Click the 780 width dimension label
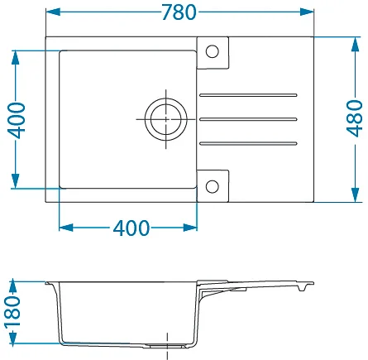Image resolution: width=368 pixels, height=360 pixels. click(x=179, y=12)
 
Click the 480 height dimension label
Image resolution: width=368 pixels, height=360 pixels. click(x=355, y=118)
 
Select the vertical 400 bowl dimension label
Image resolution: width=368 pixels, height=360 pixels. click(x=16, y=120)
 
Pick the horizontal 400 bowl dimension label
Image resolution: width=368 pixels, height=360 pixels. click(x=131, y=228)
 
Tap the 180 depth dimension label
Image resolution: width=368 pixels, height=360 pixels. click(x=12, y=312)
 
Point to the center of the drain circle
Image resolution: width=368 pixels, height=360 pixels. click(x=166, y=119)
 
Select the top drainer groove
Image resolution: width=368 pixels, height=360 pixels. click(x=248, y=95)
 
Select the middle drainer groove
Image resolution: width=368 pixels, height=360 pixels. click(x=248, y=119)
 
